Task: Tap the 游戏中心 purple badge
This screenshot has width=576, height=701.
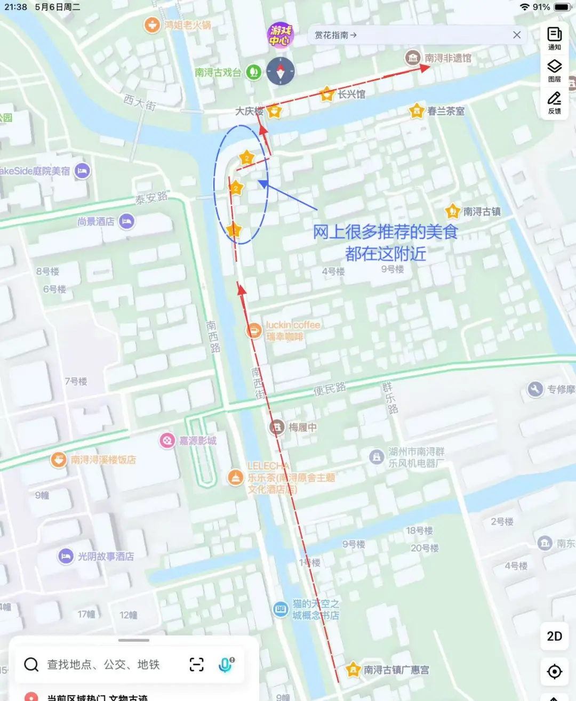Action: [x=280, y=35]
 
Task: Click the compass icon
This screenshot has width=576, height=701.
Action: [x=281, y=71]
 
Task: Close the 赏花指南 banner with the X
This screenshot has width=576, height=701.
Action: [x=517, y=35]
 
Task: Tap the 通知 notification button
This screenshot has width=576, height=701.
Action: [x=555, y=38]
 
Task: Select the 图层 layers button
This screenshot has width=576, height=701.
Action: [x=555, y=70]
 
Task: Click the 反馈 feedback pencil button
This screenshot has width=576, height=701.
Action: [x=555, y=102]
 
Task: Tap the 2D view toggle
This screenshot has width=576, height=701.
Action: [x=555, y=636]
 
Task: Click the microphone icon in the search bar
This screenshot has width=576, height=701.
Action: [x=226, y=664]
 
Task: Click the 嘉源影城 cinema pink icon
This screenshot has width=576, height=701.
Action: [x=167, y=440]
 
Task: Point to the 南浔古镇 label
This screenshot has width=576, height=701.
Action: [x=482, y=212]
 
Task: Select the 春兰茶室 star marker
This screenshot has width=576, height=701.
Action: [x=417, y=111]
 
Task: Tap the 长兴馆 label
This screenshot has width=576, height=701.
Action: [x=351, y=94]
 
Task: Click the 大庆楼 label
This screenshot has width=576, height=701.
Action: [x=249, y=111]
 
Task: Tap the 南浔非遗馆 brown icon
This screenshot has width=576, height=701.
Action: [x=412, y=58]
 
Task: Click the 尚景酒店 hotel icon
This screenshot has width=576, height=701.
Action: [x=126, y=221]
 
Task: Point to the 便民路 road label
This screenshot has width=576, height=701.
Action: [x=329, y=389]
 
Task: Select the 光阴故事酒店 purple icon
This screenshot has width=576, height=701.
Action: [x=66, y=556]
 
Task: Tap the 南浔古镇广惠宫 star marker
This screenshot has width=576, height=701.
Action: [x=353, y=670]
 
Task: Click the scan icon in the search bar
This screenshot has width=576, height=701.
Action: [x=197, y=664]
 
